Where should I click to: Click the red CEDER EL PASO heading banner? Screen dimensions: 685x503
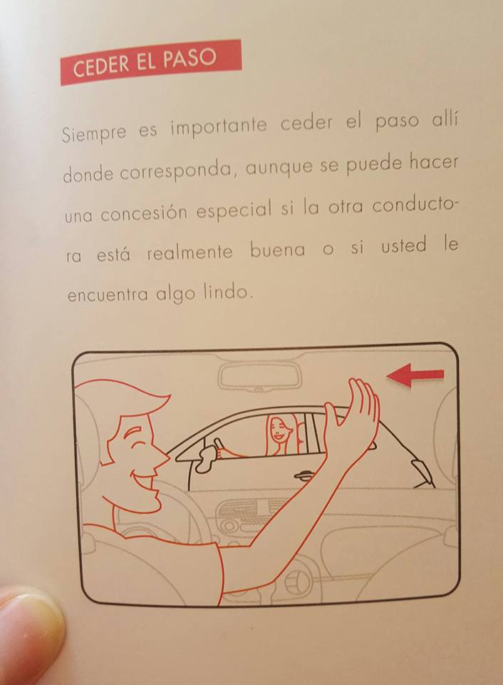(150, 62)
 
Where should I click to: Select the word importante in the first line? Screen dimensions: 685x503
(217, 127)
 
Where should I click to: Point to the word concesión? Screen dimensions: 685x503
(147, 212)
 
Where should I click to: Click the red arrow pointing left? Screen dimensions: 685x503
(415, 375)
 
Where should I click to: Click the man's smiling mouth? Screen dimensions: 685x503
(146, 482)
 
